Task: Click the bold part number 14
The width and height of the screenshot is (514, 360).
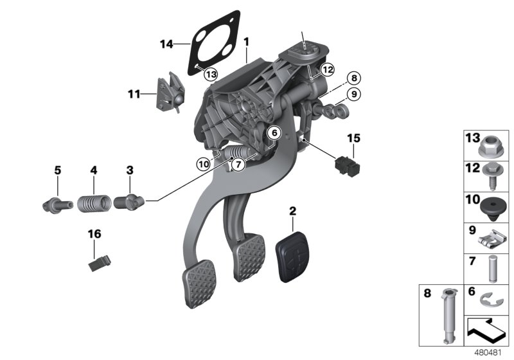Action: [167, 44]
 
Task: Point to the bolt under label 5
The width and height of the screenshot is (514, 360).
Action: [53, 203]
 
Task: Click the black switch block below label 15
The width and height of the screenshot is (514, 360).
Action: [348, 166]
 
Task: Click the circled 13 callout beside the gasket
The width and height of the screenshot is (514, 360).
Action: [211, 74]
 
